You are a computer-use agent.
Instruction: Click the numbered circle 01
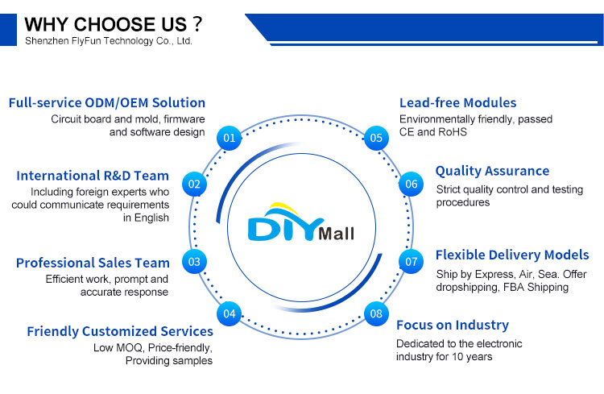pyautogui.click(x=230, y=138)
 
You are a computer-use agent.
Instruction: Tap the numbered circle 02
pyautogui.click(x=194, y=184)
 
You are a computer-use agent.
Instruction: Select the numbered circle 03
pyautogui.click(x=194, y=261)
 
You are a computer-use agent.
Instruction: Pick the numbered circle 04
pyautogui.click(x=230, y=313)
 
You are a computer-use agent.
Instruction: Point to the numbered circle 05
pyautogui.click(x=376, y=138)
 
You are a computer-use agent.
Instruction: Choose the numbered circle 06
pyautogui.click(x=412, y=185)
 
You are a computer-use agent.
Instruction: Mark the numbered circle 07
pyautogui.click(x=412, y=262)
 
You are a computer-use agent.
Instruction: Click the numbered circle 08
pyautogui.click(x=376, y=313)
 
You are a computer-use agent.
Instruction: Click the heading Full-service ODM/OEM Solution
pyautogui.click(x=107, y=103)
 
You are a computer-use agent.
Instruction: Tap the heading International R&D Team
pyautogui.click(x=93, y=176)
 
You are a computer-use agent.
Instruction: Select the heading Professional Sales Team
pyautogui.click(x=93, y=263)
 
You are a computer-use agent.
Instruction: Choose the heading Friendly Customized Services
pyautogui.click(x=120, y=331)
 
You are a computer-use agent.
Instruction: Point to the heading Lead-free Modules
pyautogui.click(x=458, y=103)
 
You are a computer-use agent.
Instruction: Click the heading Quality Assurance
pyautogui.click(x=492, y=171)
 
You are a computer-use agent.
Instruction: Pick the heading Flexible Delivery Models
pyautogui.click(x=512, y=255)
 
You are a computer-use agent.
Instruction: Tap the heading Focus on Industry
pyautogui.click(x=453, y=326)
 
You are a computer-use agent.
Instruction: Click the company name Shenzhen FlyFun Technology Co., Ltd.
pyautogui.click(x=109, y=39)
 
